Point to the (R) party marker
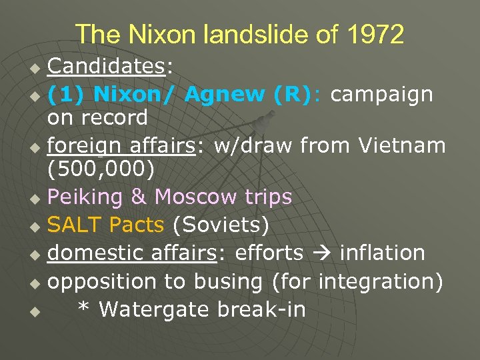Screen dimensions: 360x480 (292, 95)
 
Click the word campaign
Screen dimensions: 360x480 (382, 95)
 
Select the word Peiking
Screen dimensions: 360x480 (85, 197)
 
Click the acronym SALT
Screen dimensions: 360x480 (75, 225)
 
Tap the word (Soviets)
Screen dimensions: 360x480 (221, 225)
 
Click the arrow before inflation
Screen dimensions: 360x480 (321, 253)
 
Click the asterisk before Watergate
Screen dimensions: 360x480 (83, 308)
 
